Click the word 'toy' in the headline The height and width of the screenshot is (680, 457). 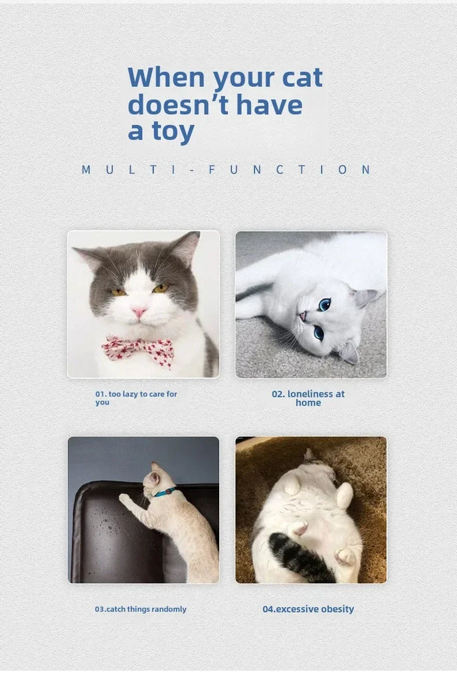(173, 132)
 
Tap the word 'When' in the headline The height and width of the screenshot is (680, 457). (166, 77)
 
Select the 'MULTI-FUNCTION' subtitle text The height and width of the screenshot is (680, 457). (227, 169)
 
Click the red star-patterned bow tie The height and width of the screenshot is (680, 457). (138, 351)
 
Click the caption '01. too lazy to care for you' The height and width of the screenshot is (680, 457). (136, 398)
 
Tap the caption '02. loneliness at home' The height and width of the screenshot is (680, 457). (308, 398)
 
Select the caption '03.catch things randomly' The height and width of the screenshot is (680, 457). (140, 609)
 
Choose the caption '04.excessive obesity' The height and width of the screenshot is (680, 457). (308, 609)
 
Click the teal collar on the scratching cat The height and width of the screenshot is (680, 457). (165, 492)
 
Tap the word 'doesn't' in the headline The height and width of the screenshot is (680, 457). (179, 105)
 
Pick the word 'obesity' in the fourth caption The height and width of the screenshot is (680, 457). (337, 610)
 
